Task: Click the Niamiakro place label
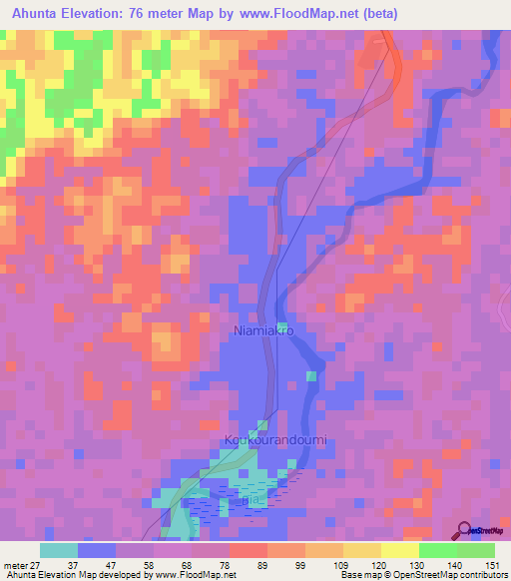[x=264, y=329]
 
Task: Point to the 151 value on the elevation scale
[x=493, y=564]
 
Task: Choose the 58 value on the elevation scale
[x=148, y=564]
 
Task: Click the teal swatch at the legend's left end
[x=59, y=550]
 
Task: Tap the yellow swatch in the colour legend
[x=400, y=550]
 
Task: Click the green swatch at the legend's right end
[x=475, y=550]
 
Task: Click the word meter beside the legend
[x=14, y=564]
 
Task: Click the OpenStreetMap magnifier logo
[x=465, y=530]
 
